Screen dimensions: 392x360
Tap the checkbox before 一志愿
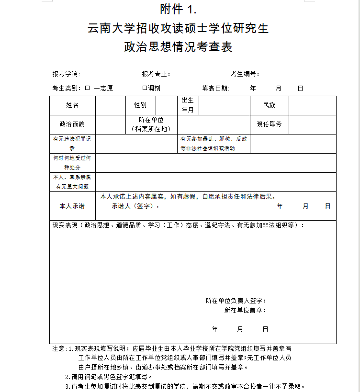tap(88, 88)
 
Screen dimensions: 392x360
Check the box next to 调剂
tap(144, 88)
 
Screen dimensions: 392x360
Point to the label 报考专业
tap(155, 74)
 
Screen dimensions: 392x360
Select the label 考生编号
tap(244, 74)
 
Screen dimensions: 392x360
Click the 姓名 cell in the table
tap(72, 105)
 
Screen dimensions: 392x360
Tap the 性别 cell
tap(140, 105)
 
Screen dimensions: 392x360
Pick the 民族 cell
tap(269, 105)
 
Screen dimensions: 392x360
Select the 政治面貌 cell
tap(72, 124)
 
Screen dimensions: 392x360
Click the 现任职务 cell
tap(269, 124)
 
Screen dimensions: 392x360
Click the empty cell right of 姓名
tap(110, 105)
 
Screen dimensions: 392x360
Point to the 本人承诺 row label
tap(72, 206)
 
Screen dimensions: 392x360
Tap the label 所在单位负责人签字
tap(235, 301)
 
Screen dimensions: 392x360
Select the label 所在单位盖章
tap(244, 310)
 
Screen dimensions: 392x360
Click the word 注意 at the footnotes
tap(59, 349)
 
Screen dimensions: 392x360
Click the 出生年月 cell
tap(188, 105)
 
